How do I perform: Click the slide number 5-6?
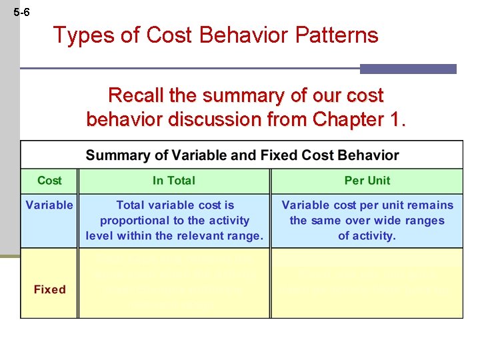(21, 13)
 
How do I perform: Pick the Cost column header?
(49, 181)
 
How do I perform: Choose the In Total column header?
(174, 181)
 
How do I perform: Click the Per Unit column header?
(367, 181)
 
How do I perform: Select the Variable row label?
(49, 205)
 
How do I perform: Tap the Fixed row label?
(49, 289)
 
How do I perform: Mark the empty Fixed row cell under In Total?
(174, 283)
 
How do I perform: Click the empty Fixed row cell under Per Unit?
(367, 283)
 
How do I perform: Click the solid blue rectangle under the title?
(408, 69)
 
